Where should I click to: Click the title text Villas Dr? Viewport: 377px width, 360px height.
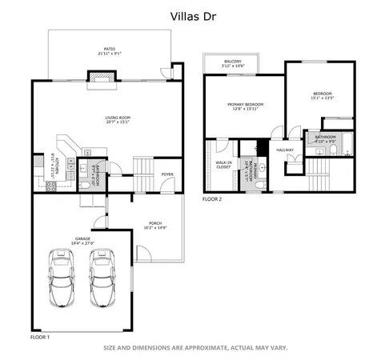tap(188, 14)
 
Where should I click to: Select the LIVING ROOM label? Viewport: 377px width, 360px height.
tap(117, 118)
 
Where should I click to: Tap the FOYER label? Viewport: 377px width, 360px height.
tap(167, 174)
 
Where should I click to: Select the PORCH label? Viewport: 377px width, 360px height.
tap(157, 223)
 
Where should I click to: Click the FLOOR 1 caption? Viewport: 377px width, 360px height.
tap(40, 337)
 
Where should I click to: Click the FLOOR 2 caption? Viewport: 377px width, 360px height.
tap(212, 198)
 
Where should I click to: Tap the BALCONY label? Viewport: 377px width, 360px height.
tap(233, 62)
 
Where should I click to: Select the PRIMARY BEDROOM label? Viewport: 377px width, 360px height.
tap(245, 105)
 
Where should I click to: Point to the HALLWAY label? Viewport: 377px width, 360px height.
tap(285, 150)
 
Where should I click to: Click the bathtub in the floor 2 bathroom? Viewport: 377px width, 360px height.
tap(347, 145)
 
